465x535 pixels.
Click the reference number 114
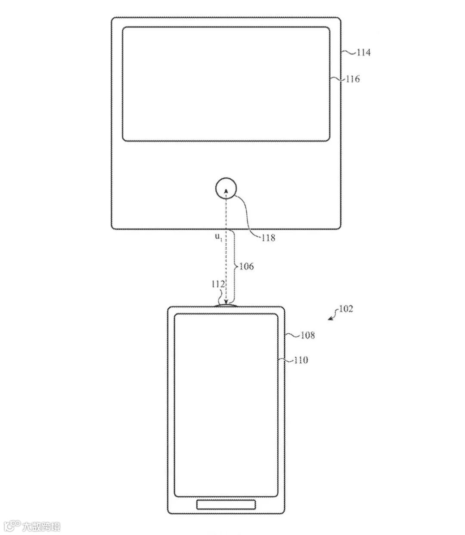(363, 53)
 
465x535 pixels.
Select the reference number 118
(267, 238)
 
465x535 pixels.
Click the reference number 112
(218, 285)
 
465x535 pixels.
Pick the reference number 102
(346, 309)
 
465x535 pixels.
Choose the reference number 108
(307, 335)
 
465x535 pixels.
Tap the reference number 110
(301, 360)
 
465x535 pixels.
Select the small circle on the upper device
(226, 189)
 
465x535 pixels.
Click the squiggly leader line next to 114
(349, 53)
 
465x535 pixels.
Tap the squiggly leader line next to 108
(292, 335)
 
